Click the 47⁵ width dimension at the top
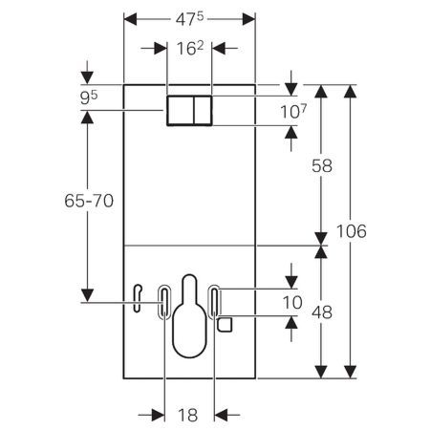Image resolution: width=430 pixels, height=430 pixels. pos(189,17)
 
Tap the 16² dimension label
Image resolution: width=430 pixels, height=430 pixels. pos(187,49)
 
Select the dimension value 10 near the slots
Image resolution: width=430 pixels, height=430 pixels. pos(293,303)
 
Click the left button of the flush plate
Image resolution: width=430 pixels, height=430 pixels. pos(179,110)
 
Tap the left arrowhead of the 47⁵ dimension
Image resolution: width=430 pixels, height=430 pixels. pos(128,17)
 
